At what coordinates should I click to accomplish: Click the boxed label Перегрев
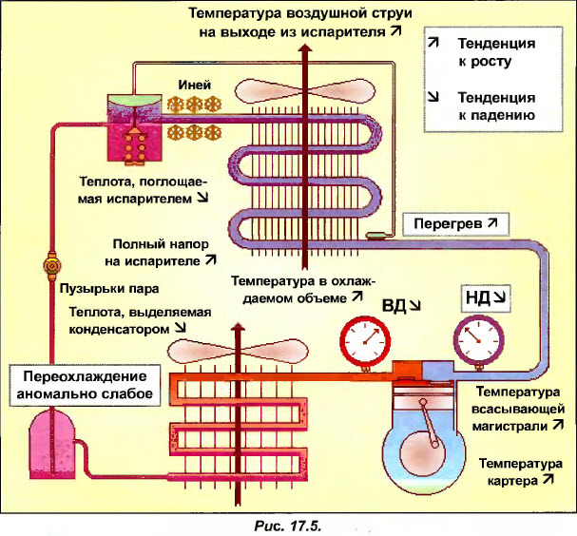[x=455, y=224]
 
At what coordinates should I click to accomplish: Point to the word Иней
[x=193, y=85]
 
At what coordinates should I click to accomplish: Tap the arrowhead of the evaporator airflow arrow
[x=304, y=48]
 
